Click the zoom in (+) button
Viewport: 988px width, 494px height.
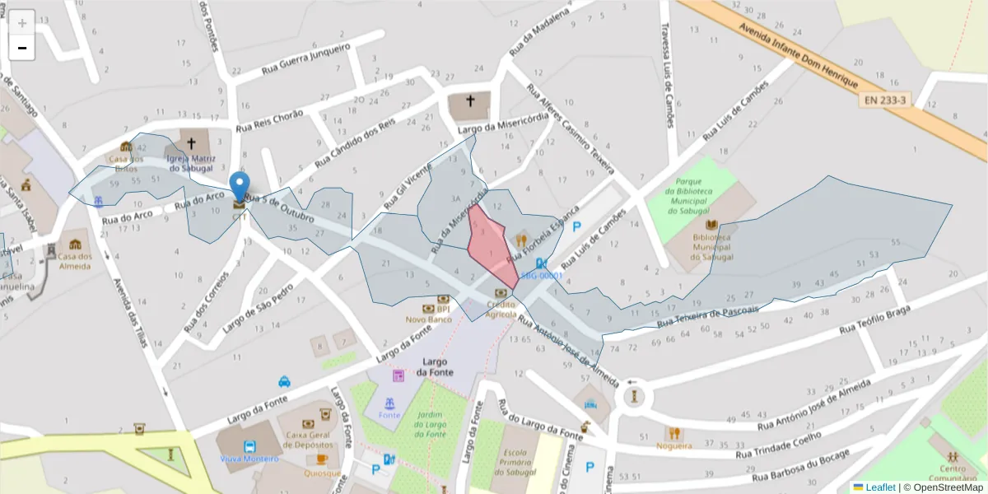tap(21, 22)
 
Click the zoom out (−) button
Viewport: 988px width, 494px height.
tap(21, 48)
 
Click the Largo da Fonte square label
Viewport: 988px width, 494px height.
tap(435, 367)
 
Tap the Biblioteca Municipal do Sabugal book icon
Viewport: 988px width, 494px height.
tap(711, 225)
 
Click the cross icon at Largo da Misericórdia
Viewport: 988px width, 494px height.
tap(470, 101)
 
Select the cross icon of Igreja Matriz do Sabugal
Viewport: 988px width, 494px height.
tap(192, 142)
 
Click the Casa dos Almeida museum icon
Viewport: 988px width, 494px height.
tap(75, 245)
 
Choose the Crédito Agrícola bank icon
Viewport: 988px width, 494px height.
tap(501, 293)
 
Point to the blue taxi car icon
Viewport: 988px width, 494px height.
tap(284, 381)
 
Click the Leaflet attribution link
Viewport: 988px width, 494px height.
tap(879, 487)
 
